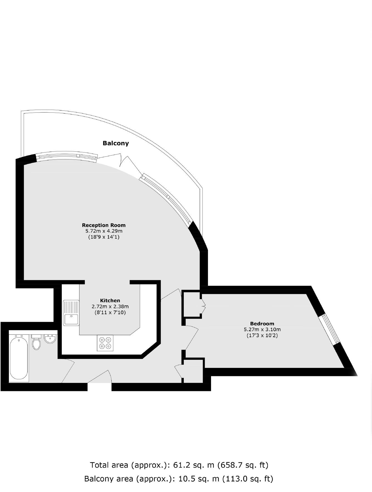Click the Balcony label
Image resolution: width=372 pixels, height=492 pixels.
(116, 143)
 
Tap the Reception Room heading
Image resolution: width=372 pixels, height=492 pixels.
(104, 225)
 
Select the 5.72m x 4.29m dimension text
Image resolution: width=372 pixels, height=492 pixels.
(104, 231)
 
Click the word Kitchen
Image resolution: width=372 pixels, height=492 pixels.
(110, 301)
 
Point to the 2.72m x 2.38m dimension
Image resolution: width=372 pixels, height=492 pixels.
(110, 306)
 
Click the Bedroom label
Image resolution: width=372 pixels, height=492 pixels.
(262, 324)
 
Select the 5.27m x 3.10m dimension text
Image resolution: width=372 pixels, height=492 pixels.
(262, 329)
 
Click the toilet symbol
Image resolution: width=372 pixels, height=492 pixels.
(36, 343)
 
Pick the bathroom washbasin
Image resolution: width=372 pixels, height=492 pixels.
(50, 339)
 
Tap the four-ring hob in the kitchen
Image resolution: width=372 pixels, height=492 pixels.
(105, 343)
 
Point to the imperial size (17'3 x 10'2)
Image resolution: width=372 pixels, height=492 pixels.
(262, 336)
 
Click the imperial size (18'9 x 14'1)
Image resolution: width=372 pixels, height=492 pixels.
(104, 237)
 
